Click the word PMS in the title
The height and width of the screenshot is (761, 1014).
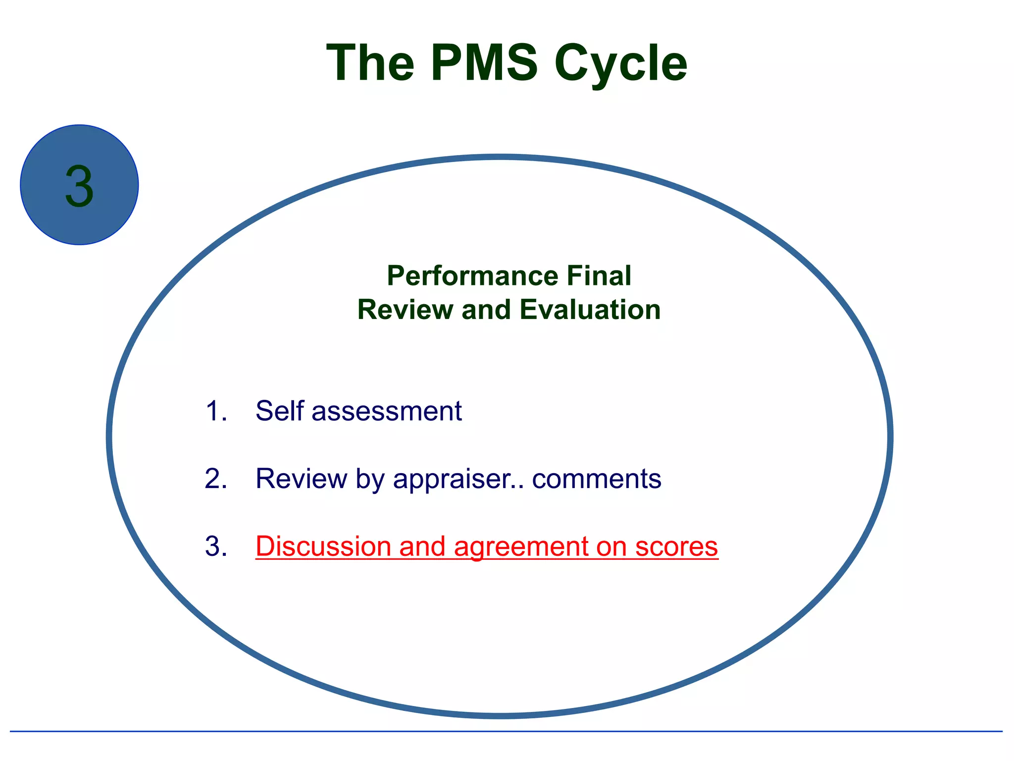pos(484,63)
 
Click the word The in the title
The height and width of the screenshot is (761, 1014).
pos(370,63)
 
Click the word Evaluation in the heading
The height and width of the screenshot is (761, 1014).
pos(590,310)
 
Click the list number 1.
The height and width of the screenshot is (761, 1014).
pos(215,411)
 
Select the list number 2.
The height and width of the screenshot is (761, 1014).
pos(215,479)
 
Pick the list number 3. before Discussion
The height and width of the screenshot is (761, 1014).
pos(215,546)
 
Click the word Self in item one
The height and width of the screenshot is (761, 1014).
pos(279,411)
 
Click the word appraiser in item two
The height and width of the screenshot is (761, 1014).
pos(457,479)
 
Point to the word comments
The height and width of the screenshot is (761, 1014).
pos(597,479)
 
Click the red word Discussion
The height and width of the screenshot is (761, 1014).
pos(323,546)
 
